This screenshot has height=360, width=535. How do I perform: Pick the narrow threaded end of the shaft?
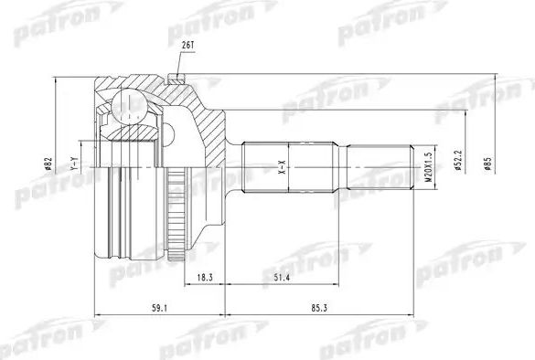point(384,167)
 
